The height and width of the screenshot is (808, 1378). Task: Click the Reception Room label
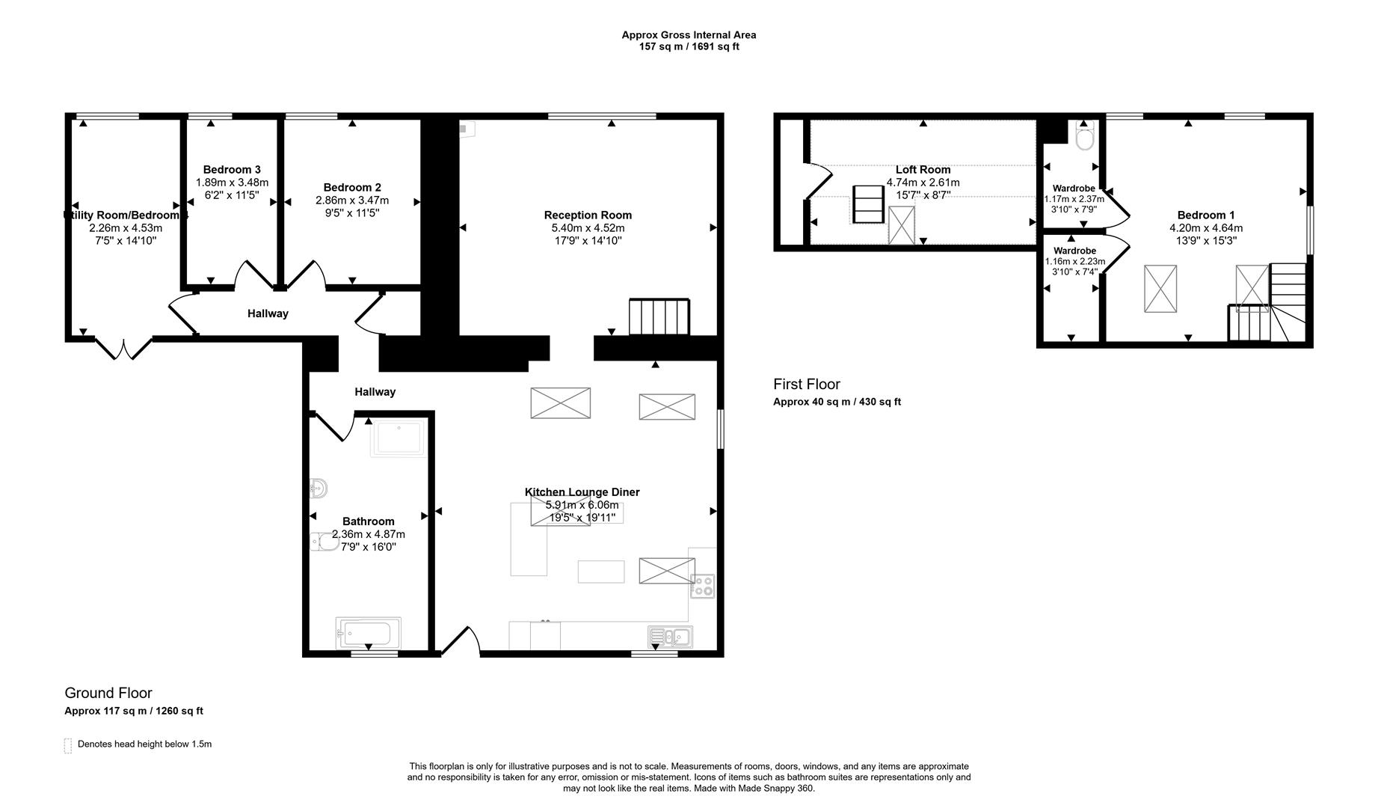(588, 215)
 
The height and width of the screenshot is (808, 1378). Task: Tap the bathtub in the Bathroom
(368, 634)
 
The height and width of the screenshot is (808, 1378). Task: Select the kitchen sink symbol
(671, 637)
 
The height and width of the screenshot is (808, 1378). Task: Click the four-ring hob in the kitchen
(702, 586)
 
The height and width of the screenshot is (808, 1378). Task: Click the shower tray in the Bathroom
(399, 438)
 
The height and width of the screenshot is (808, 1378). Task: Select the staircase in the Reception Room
(659, 317)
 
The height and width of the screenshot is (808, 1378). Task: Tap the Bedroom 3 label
(232, 170)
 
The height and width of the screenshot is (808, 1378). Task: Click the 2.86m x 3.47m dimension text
(352, 201)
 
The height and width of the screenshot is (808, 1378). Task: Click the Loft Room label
(923, 170)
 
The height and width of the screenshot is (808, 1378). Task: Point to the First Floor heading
(807, 385)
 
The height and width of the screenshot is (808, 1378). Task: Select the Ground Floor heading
(108, 694)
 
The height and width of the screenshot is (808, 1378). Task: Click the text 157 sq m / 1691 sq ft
(688, 46)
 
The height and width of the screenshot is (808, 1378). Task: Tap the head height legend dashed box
(68, 745)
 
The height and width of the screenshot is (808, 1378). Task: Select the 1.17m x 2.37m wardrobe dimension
(1074, 199)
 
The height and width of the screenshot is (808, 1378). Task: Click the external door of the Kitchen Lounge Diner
(461, 643)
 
